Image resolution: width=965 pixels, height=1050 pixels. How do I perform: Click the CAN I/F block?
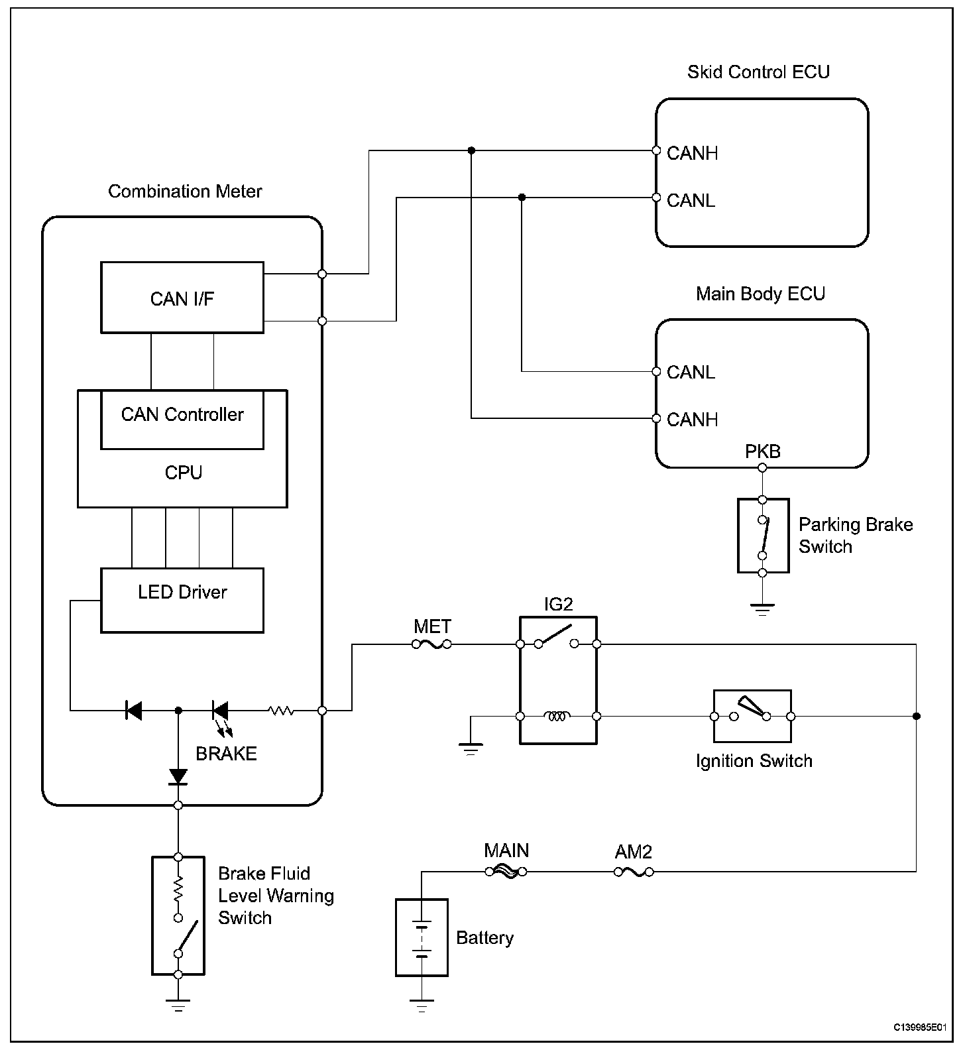tap(182, 298)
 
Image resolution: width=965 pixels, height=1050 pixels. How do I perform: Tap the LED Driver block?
tap(182, 599)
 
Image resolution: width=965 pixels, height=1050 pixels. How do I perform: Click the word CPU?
tap(183, 473)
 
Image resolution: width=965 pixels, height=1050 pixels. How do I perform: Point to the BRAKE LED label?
tap(226, 754)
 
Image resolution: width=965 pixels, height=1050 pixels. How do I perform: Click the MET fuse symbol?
tap(432, 644)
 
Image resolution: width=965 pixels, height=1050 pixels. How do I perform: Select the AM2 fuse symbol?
tap(634, 872)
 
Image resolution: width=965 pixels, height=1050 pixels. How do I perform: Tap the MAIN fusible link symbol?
tap(506, 872)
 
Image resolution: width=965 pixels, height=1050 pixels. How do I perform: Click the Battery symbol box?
tap(422, 937)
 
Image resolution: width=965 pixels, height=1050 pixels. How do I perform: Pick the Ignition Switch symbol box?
tap(752, 716)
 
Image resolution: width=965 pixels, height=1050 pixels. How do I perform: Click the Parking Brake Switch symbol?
tap(763, 536)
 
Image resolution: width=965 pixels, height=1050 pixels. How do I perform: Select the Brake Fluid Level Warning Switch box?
tap(178, 915)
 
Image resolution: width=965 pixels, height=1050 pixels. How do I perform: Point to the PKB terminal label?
tap(763, 452)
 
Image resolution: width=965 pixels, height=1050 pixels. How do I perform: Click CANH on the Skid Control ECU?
tap(692, 153)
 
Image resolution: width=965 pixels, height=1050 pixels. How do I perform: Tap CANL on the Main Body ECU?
tap(691, 372)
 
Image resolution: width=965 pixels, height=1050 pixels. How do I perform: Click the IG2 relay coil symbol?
tap(558, 716)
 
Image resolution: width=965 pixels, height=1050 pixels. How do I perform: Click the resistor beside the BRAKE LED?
tap(280, 711)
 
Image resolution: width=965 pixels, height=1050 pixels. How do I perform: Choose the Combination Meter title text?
tap(185, 192)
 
